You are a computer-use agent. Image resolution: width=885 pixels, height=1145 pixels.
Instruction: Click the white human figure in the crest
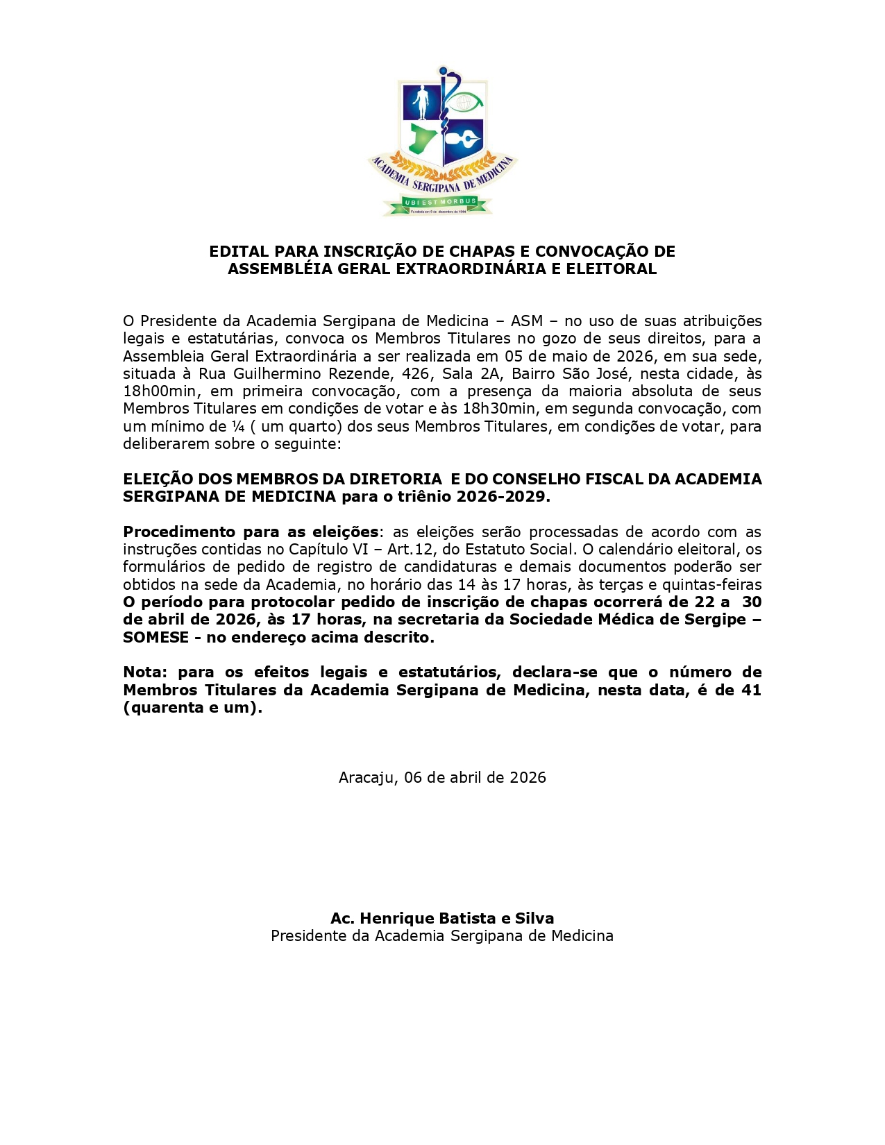(x=421, y=102)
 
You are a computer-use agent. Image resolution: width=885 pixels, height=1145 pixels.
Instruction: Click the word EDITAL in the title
(x=239, y=251)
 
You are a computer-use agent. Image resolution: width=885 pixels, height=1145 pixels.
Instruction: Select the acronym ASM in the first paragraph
(x=526, y=321)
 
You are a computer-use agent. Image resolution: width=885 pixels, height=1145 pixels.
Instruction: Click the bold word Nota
(x=144, y=672)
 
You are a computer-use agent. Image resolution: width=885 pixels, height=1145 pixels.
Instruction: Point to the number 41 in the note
(x=751, y=690)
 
